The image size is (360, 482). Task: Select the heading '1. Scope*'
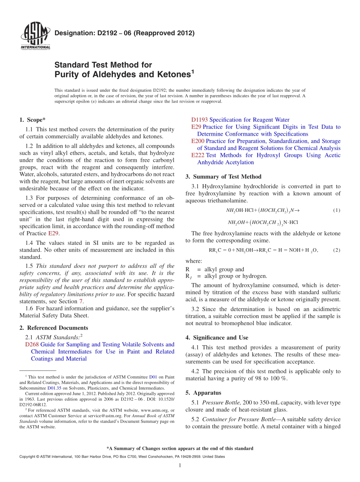tap(33, 120)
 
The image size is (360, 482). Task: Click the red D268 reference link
tap(32, 344)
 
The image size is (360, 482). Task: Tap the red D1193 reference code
tap(199, 120)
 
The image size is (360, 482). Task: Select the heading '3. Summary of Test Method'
tap(223, 177)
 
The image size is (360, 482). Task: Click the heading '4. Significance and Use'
tap(217, 338)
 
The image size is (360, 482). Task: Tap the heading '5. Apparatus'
tap(203, 393)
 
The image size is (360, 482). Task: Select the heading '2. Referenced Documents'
tap(53, 328)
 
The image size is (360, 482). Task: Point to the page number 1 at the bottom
tap(180, 466)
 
